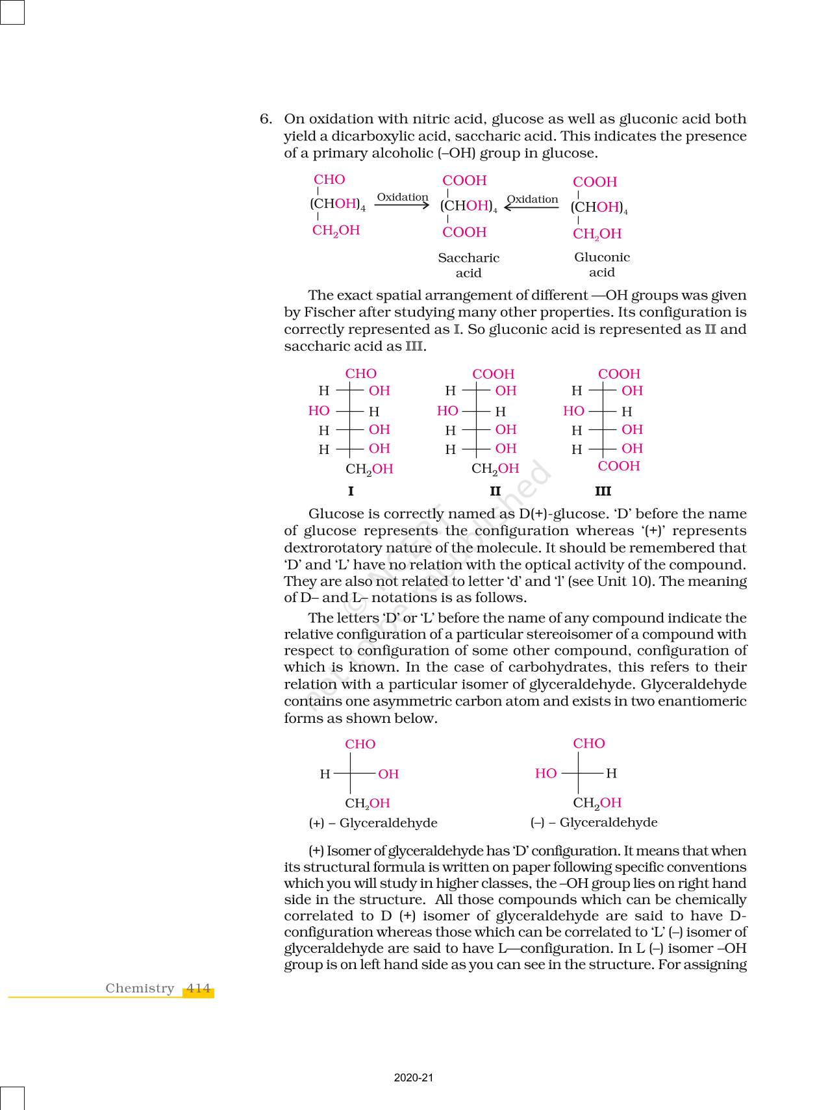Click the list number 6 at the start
pos(265,119)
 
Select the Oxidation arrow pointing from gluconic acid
pos(531,207)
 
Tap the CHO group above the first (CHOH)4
pos(329,180)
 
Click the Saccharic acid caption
pos(468,265)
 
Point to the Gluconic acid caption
pos(602,264)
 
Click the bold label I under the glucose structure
pos(351,491)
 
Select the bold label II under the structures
pos(495,491)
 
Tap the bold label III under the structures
pos(603,491)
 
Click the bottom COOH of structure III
pos(619,466)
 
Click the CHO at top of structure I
pos(360,373)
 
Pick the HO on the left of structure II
pos(447,410)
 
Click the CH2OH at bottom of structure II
pos(495,468)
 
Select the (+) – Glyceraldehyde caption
pos(373,823)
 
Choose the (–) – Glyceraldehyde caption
pos(594,822)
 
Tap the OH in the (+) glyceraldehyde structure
pos(388,774)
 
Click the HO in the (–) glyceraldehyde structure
pos(546,773)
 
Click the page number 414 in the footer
pos(198,989)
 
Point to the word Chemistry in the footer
pos(140,989)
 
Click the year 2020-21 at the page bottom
pos(413,1078)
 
